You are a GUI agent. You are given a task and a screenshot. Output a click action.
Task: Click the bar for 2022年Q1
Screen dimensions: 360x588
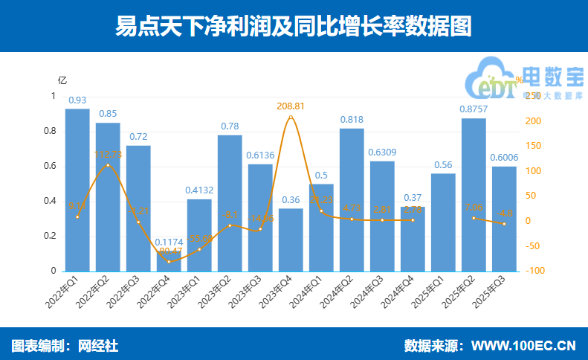click(77, 190)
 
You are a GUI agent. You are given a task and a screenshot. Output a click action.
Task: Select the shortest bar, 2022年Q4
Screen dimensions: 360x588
click(169, 261)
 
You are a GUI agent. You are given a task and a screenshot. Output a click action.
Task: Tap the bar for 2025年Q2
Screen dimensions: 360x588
click(474, 194)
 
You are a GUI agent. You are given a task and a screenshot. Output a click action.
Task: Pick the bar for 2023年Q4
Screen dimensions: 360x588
click(291, 240)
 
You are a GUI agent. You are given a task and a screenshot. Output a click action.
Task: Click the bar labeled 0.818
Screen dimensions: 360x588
click(352, 199)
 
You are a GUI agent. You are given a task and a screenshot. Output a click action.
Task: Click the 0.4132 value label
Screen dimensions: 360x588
click(199, 190)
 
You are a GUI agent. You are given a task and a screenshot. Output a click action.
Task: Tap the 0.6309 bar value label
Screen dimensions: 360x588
click(382, 152)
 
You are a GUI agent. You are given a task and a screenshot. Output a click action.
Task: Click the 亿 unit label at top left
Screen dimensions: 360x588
click(62, 80)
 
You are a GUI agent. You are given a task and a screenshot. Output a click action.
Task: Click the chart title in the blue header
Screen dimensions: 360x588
click(294, 27)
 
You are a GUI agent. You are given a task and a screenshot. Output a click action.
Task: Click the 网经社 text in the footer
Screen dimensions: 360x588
click(100, 346)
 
